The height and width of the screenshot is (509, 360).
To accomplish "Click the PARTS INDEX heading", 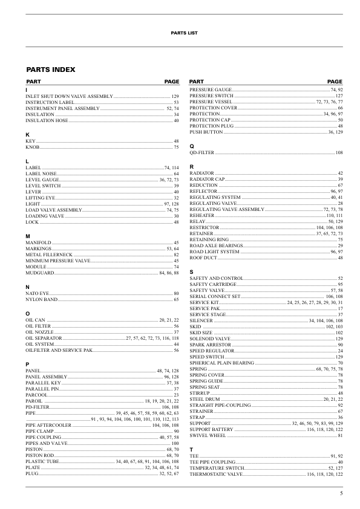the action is point(50,70).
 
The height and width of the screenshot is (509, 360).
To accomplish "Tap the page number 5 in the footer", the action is point(341,494).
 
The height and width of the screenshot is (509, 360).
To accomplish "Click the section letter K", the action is point(27,134).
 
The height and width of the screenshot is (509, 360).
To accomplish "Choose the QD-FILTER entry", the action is point(203,153).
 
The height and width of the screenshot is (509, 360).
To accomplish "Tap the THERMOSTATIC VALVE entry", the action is point(216,475).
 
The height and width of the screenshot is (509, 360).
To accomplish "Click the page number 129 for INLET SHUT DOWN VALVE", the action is point(175,97).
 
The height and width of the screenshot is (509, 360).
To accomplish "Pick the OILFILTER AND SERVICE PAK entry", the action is point(59,350).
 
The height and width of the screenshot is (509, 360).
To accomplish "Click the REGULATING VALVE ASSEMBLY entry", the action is point(227,209).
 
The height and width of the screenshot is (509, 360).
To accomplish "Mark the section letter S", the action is point(191,271).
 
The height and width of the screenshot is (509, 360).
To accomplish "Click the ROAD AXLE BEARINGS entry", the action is point(215,245).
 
